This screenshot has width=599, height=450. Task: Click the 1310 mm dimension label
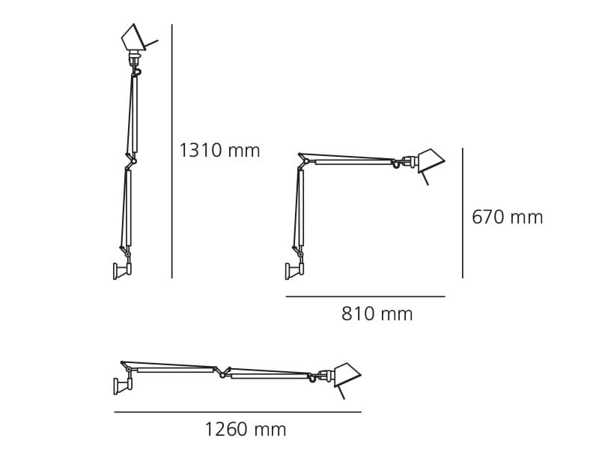tap(219, 151)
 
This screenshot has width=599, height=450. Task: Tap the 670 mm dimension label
tap(507, 217)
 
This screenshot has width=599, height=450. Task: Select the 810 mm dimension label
tap(377, 314)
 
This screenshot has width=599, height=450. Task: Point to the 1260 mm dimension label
tap(246, 430)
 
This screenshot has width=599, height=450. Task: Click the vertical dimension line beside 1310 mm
tap(172, 150)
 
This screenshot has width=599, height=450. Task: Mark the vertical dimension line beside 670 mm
tap(462, 213)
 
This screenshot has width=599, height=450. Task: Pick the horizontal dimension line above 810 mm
tap(365, 296)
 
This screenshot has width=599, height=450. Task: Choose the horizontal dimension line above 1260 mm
tap(237, 412)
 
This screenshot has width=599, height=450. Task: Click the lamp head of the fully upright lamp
tap(132, 37)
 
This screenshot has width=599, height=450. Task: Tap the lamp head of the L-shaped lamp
tap(430, 160)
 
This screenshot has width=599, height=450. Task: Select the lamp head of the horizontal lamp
tap(346, 374)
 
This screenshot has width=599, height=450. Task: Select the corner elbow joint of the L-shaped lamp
tap(303, 159)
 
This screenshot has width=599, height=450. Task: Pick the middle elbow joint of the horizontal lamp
tap(222, 372)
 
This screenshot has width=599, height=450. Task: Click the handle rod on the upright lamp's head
tap(151, 41)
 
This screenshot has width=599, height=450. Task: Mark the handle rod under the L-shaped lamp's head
tap(425, 178)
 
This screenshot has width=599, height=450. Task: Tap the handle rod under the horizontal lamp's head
tap(341, 392)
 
